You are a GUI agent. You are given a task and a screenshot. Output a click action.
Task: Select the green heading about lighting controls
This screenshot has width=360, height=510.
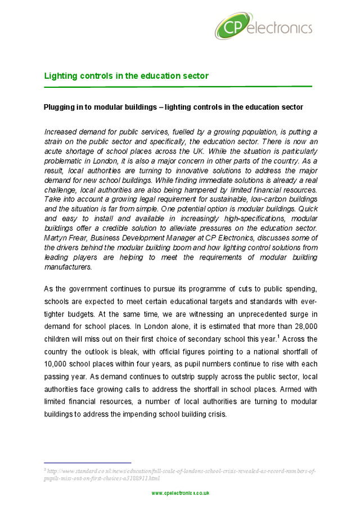127,76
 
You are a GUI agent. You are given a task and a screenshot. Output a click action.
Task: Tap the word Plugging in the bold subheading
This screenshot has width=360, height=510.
60,107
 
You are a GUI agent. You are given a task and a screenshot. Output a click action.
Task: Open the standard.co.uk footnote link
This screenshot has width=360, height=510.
180,474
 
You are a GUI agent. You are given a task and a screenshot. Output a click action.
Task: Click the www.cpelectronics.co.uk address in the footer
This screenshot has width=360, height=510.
180,493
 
